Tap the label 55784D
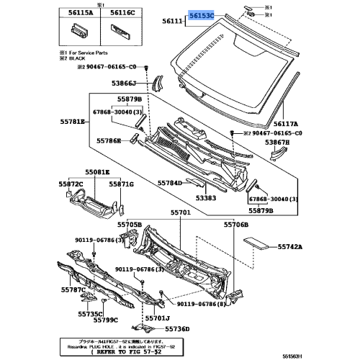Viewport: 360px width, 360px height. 171,183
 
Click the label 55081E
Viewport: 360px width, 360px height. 97,173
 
